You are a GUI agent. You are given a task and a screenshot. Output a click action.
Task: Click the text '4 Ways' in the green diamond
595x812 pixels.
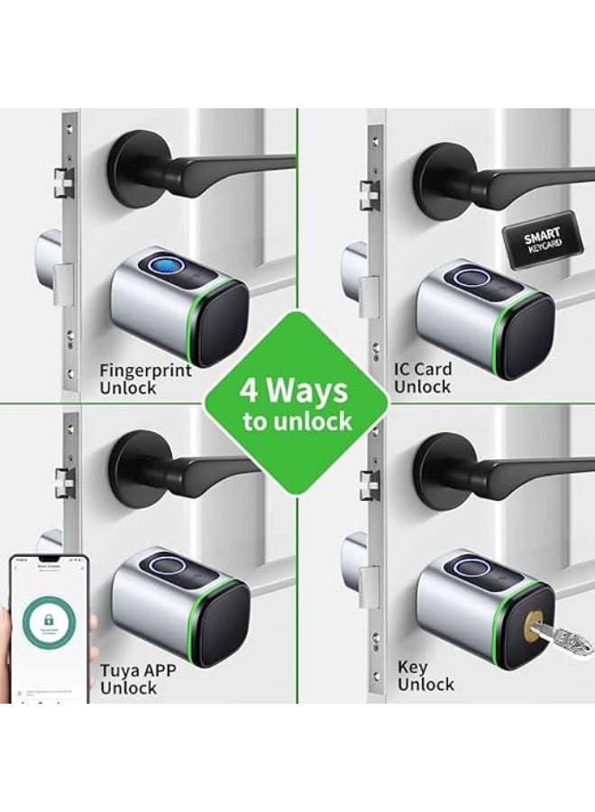point(293,392)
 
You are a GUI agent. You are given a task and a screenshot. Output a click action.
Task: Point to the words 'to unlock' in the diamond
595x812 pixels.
point(297,421)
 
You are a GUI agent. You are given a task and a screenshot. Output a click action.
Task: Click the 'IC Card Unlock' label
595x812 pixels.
point(423,377)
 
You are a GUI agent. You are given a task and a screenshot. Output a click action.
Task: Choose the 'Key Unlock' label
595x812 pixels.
point(426,676)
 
